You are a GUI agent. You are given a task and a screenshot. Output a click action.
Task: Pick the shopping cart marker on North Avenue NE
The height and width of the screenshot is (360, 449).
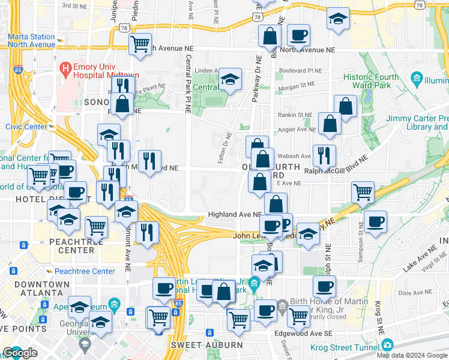click(140, 43)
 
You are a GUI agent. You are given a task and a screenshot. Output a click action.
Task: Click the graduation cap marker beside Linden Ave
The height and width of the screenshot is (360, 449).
click(230, 79)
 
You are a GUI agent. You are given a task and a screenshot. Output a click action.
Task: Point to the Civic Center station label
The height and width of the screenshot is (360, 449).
click(26, 127)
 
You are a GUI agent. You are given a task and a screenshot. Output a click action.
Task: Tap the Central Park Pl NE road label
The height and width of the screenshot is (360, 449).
click(188, 84)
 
